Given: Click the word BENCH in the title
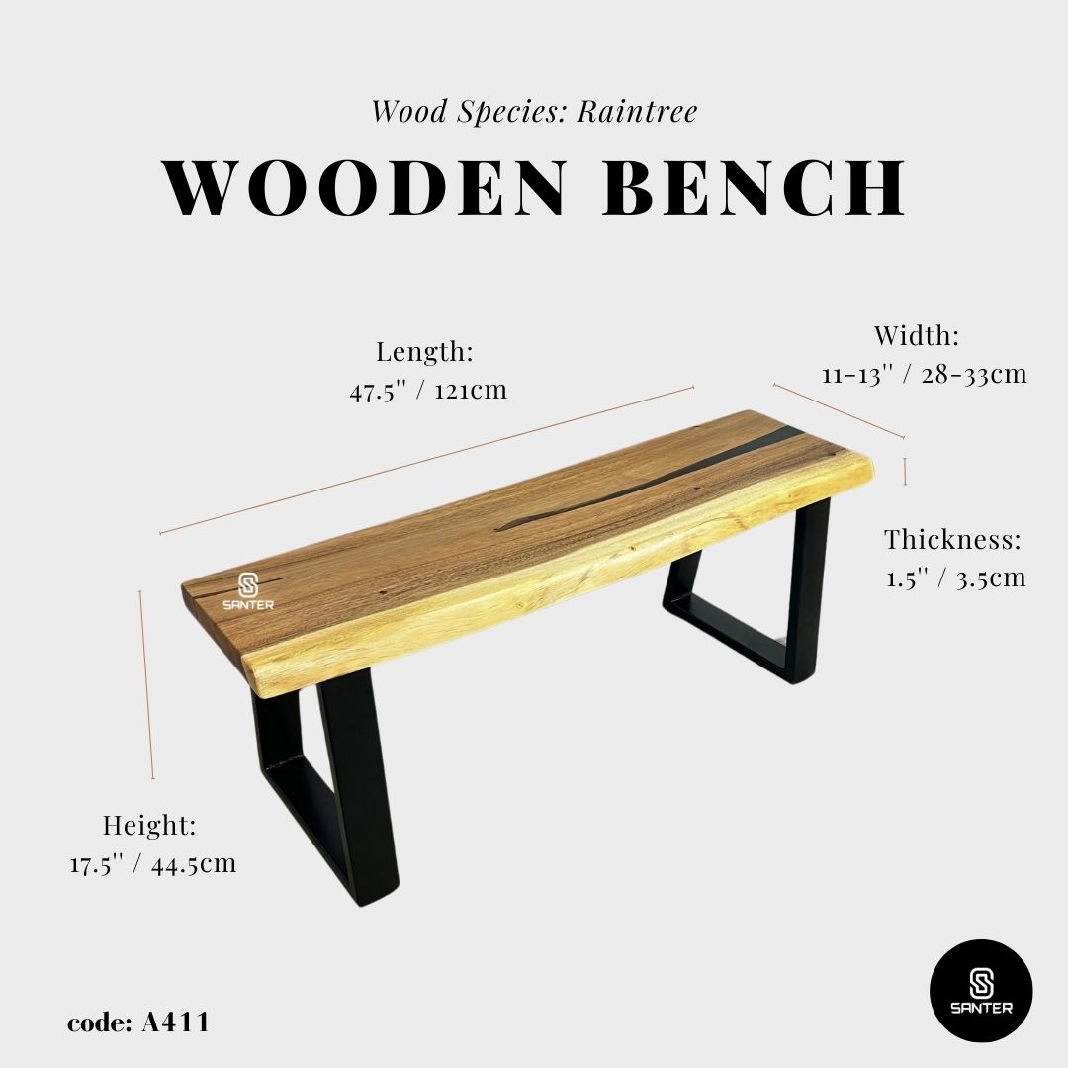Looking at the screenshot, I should point(755,188).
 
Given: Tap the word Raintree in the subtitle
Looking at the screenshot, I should point(637,111).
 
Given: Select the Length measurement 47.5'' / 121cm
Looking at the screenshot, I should point(427,390).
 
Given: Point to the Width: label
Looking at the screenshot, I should point(917,336).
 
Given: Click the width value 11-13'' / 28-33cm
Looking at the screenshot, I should point(924,375).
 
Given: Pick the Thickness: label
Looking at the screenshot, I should point(952,540).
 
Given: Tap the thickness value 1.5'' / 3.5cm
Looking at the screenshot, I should point(955,578).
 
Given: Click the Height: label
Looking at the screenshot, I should point(150,825).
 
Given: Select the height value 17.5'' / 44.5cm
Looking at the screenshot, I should point(153,863).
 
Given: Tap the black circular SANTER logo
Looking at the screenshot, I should point(981,990).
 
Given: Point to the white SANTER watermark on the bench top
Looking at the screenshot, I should point(247,591).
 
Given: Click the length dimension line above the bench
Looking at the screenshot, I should point(425,461).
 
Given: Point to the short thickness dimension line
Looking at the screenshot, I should point(905,471).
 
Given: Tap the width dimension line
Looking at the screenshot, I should point(839,410).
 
